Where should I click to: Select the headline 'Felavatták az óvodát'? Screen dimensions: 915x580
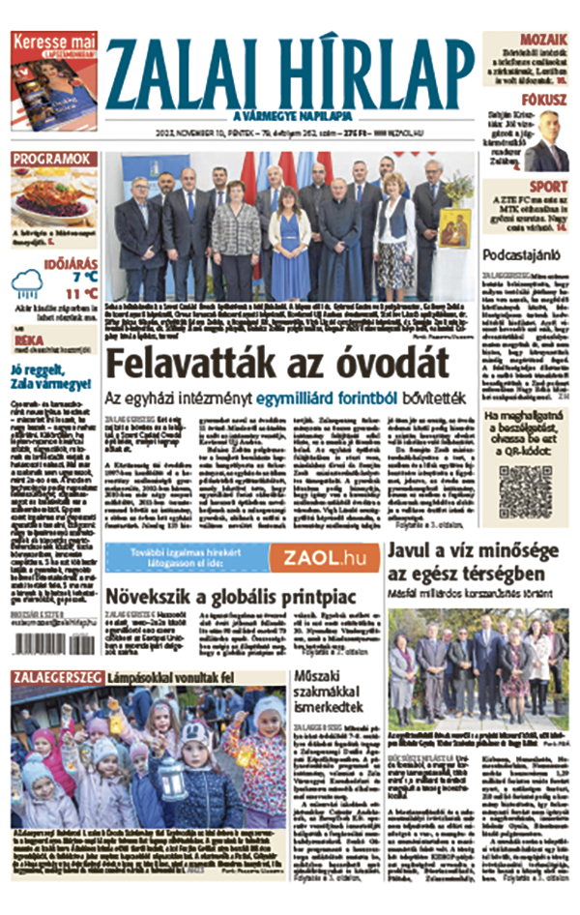276,363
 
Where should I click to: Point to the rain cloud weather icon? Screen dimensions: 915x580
26,283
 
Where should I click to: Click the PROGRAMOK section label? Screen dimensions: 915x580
53,159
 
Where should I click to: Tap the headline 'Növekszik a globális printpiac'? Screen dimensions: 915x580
229,595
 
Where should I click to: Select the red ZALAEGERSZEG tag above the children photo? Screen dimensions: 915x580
56,678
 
